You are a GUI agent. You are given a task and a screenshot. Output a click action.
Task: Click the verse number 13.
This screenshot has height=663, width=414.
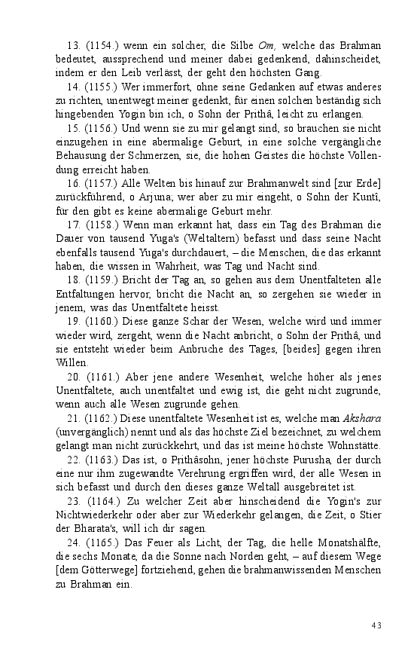[73, 47]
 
